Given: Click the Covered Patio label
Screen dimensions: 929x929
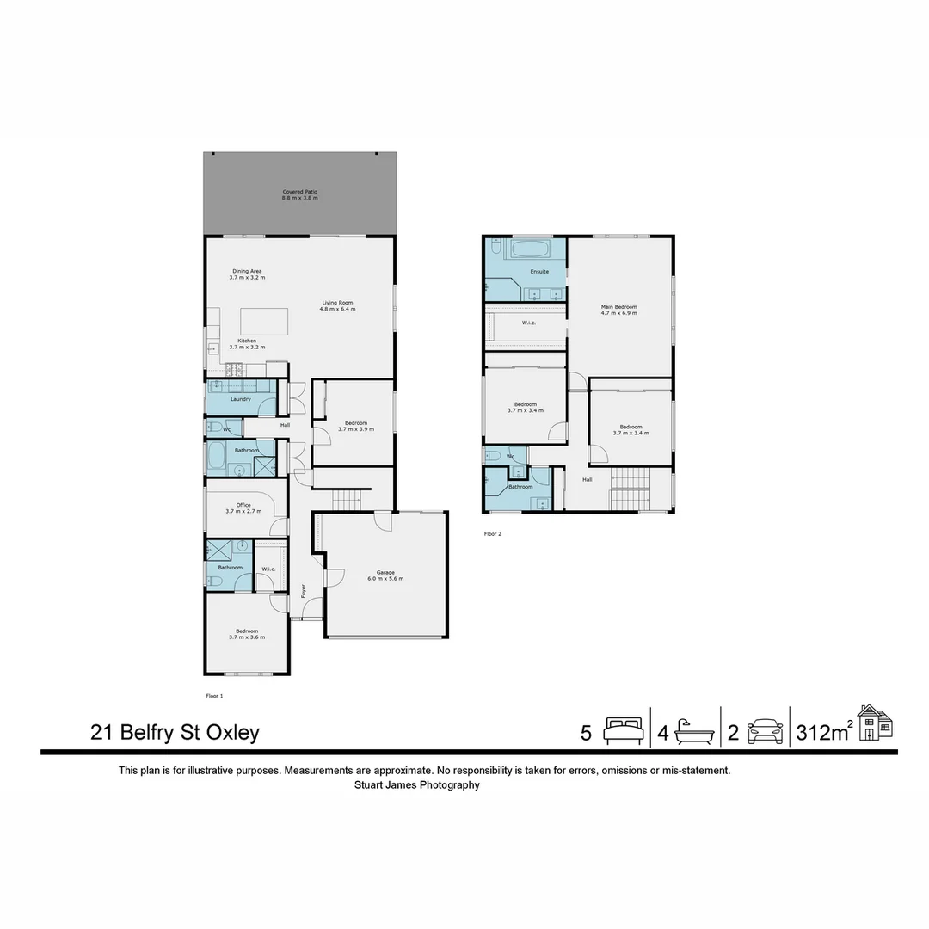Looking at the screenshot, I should point(299,195).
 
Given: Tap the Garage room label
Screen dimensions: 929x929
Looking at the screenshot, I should point(385,575).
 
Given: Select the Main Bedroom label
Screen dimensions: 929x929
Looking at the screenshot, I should point(618,311).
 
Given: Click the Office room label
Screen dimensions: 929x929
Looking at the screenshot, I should point(244,508).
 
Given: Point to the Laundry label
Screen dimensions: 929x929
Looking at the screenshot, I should point(241,399).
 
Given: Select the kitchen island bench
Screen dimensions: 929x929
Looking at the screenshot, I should point(263,322).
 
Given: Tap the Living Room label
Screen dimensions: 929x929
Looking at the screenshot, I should point(338,305).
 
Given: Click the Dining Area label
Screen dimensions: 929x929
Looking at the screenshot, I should point(247,274).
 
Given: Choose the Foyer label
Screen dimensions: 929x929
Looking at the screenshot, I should point(304,591).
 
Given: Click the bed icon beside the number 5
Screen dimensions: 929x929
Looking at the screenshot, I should point(623,732).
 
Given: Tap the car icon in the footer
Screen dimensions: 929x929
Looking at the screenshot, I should point(765,732).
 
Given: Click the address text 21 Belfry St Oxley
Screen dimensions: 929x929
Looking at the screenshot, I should point(175,733).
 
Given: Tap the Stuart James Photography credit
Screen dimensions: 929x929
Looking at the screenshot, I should point(416,784).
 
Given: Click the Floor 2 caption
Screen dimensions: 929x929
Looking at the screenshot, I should point(492,534).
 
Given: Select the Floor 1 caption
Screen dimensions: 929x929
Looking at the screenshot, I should point(214,695).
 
